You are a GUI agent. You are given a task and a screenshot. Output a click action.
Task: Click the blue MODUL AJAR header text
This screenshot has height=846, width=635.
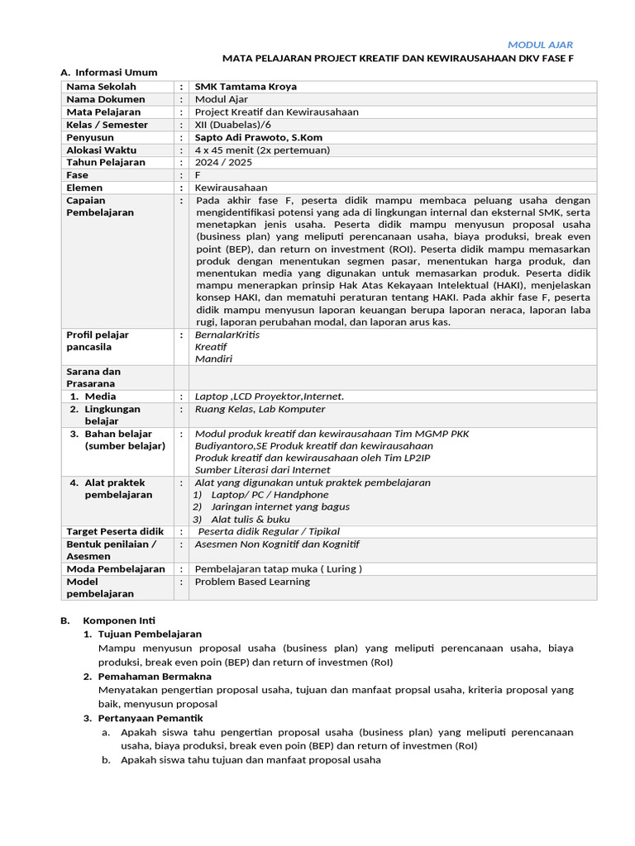540,45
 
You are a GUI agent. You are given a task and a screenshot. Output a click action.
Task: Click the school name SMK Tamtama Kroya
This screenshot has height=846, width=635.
245,87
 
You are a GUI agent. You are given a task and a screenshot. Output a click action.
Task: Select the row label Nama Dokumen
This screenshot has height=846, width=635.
105,99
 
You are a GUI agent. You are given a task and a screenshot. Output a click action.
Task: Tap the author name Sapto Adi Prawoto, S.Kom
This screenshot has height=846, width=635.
258,137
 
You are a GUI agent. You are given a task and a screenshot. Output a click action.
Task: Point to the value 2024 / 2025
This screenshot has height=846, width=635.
222,162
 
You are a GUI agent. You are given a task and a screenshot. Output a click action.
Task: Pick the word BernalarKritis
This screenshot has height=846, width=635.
228,335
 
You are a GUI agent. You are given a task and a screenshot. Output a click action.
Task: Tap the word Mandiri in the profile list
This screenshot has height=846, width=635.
213,359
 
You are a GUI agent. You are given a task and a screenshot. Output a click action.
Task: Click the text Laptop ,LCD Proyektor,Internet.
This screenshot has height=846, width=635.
269,397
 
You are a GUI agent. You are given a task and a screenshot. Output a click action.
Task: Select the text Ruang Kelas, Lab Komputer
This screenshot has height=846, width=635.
260,409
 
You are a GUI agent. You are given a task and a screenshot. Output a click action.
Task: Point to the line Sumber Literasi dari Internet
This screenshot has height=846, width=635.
262,470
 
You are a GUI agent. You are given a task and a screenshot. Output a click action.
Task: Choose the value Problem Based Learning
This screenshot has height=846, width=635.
252,582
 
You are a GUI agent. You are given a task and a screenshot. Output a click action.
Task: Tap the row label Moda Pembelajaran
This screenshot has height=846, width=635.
116,569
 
